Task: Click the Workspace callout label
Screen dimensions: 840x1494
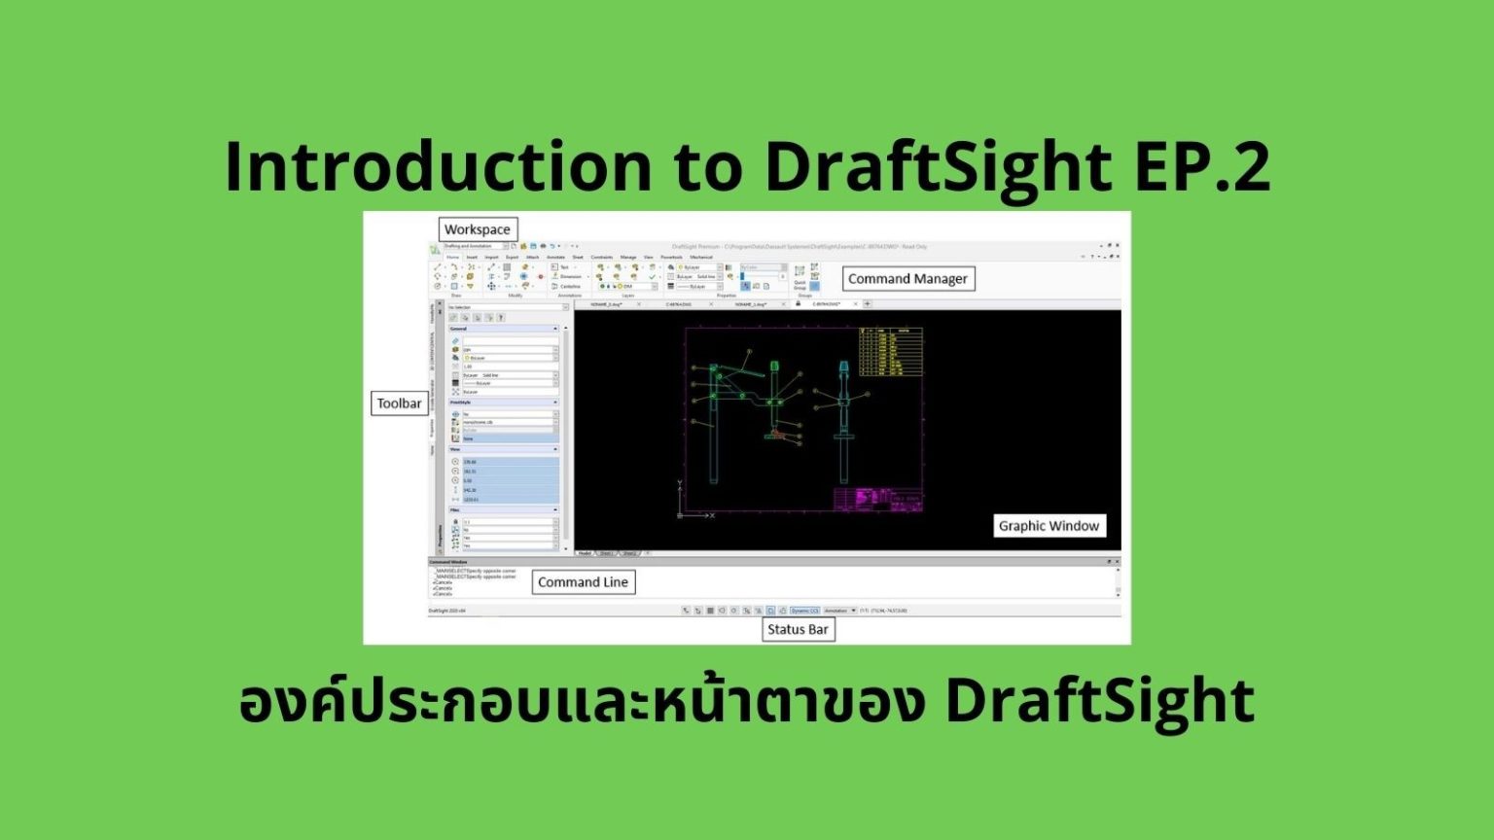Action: tap(478, 229)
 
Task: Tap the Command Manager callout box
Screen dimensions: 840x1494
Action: tap(907, 279)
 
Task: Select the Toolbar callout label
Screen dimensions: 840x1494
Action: tap(399, 403)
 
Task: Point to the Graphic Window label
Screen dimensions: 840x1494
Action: tap(1049, 526)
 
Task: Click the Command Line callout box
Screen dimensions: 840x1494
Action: tap(583, 582)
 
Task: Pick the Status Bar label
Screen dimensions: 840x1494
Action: tap(798, 629)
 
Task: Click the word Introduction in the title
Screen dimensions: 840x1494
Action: tap(438, 166)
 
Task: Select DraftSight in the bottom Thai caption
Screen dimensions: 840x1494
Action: tap(1099, 702)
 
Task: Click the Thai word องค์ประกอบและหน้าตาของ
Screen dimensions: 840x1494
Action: tap(581, 702)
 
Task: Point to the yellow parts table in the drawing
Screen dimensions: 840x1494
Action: tap(891, 352)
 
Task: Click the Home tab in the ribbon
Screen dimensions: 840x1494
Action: tap(452, 258)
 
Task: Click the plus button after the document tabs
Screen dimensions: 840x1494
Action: tap(868, 304)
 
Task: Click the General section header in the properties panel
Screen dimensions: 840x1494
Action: tap(459, 329)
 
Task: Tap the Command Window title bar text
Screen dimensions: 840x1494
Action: tap(448, 562)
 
